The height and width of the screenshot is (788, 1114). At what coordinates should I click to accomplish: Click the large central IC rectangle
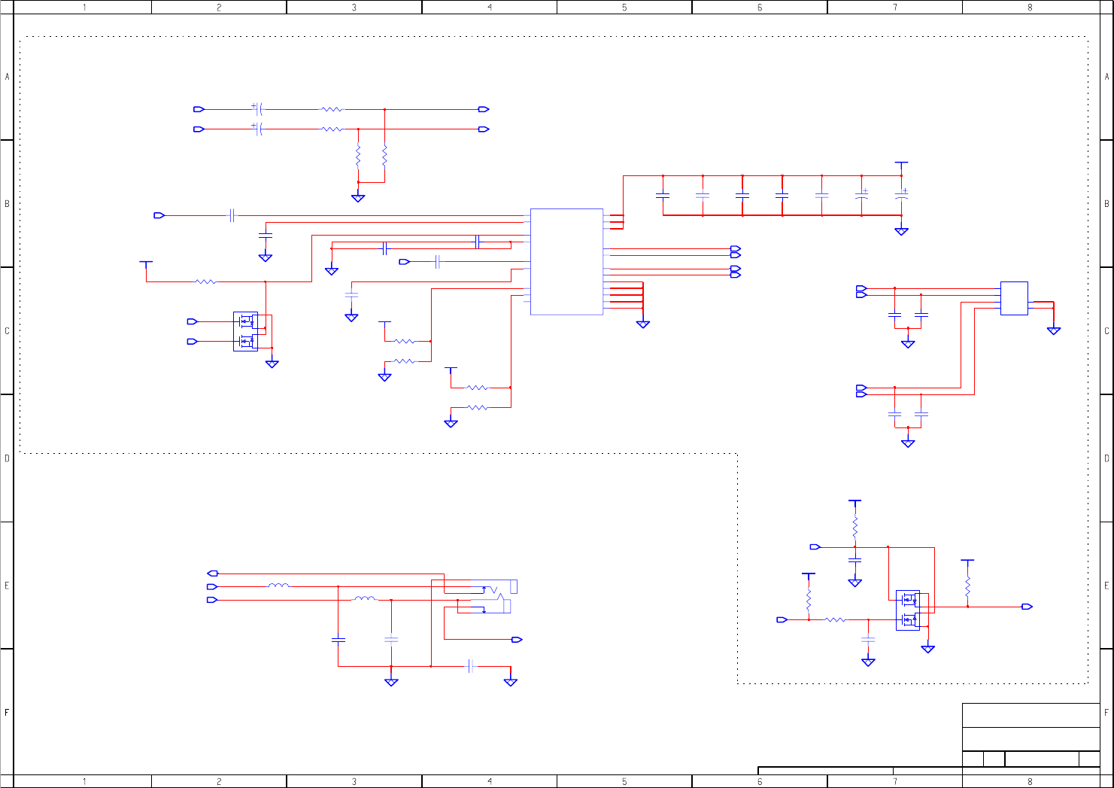[566, 261]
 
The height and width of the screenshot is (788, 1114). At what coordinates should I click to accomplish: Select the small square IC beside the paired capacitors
[1013, 298]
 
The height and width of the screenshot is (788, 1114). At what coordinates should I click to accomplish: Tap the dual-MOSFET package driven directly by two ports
[245, 331]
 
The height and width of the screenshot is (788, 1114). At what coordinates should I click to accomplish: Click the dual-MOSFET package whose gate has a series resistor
[908, 610]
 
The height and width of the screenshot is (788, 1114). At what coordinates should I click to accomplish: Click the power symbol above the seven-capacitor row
[901, 163]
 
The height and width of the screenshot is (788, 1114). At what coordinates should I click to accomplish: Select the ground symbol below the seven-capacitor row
[901, 232]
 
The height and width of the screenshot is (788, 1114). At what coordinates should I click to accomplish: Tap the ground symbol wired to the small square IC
[1054, 330]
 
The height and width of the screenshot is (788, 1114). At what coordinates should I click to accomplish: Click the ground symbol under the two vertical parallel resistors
[358, 199]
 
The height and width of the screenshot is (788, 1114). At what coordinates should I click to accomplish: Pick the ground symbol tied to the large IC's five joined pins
[642, 324]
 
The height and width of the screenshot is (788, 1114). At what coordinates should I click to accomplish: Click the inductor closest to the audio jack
[365, 599]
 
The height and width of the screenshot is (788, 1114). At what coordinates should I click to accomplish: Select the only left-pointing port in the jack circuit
[212, 574]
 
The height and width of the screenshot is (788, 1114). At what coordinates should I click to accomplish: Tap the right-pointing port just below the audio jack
[517, 640]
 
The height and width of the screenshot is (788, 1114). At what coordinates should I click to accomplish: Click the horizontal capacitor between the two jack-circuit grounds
[471, 666]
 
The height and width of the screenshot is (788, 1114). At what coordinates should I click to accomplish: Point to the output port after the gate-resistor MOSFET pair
[1027, 607]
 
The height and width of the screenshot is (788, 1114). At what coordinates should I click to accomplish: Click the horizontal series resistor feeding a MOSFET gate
[836, 619]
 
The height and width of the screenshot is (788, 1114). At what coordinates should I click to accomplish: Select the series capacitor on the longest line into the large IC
[232, 215]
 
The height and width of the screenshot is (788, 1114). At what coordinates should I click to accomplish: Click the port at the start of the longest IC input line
[159, 215]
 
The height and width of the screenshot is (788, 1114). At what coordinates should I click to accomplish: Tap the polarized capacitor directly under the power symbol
[901, 194]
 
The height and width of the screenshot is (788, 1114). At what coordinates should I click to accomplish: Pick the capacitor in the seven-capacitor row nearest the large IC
[663, 196]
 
